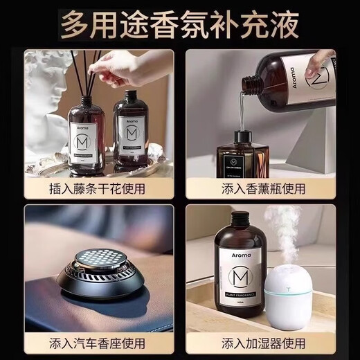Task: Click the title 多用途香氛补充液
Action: tap(179, 26)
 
